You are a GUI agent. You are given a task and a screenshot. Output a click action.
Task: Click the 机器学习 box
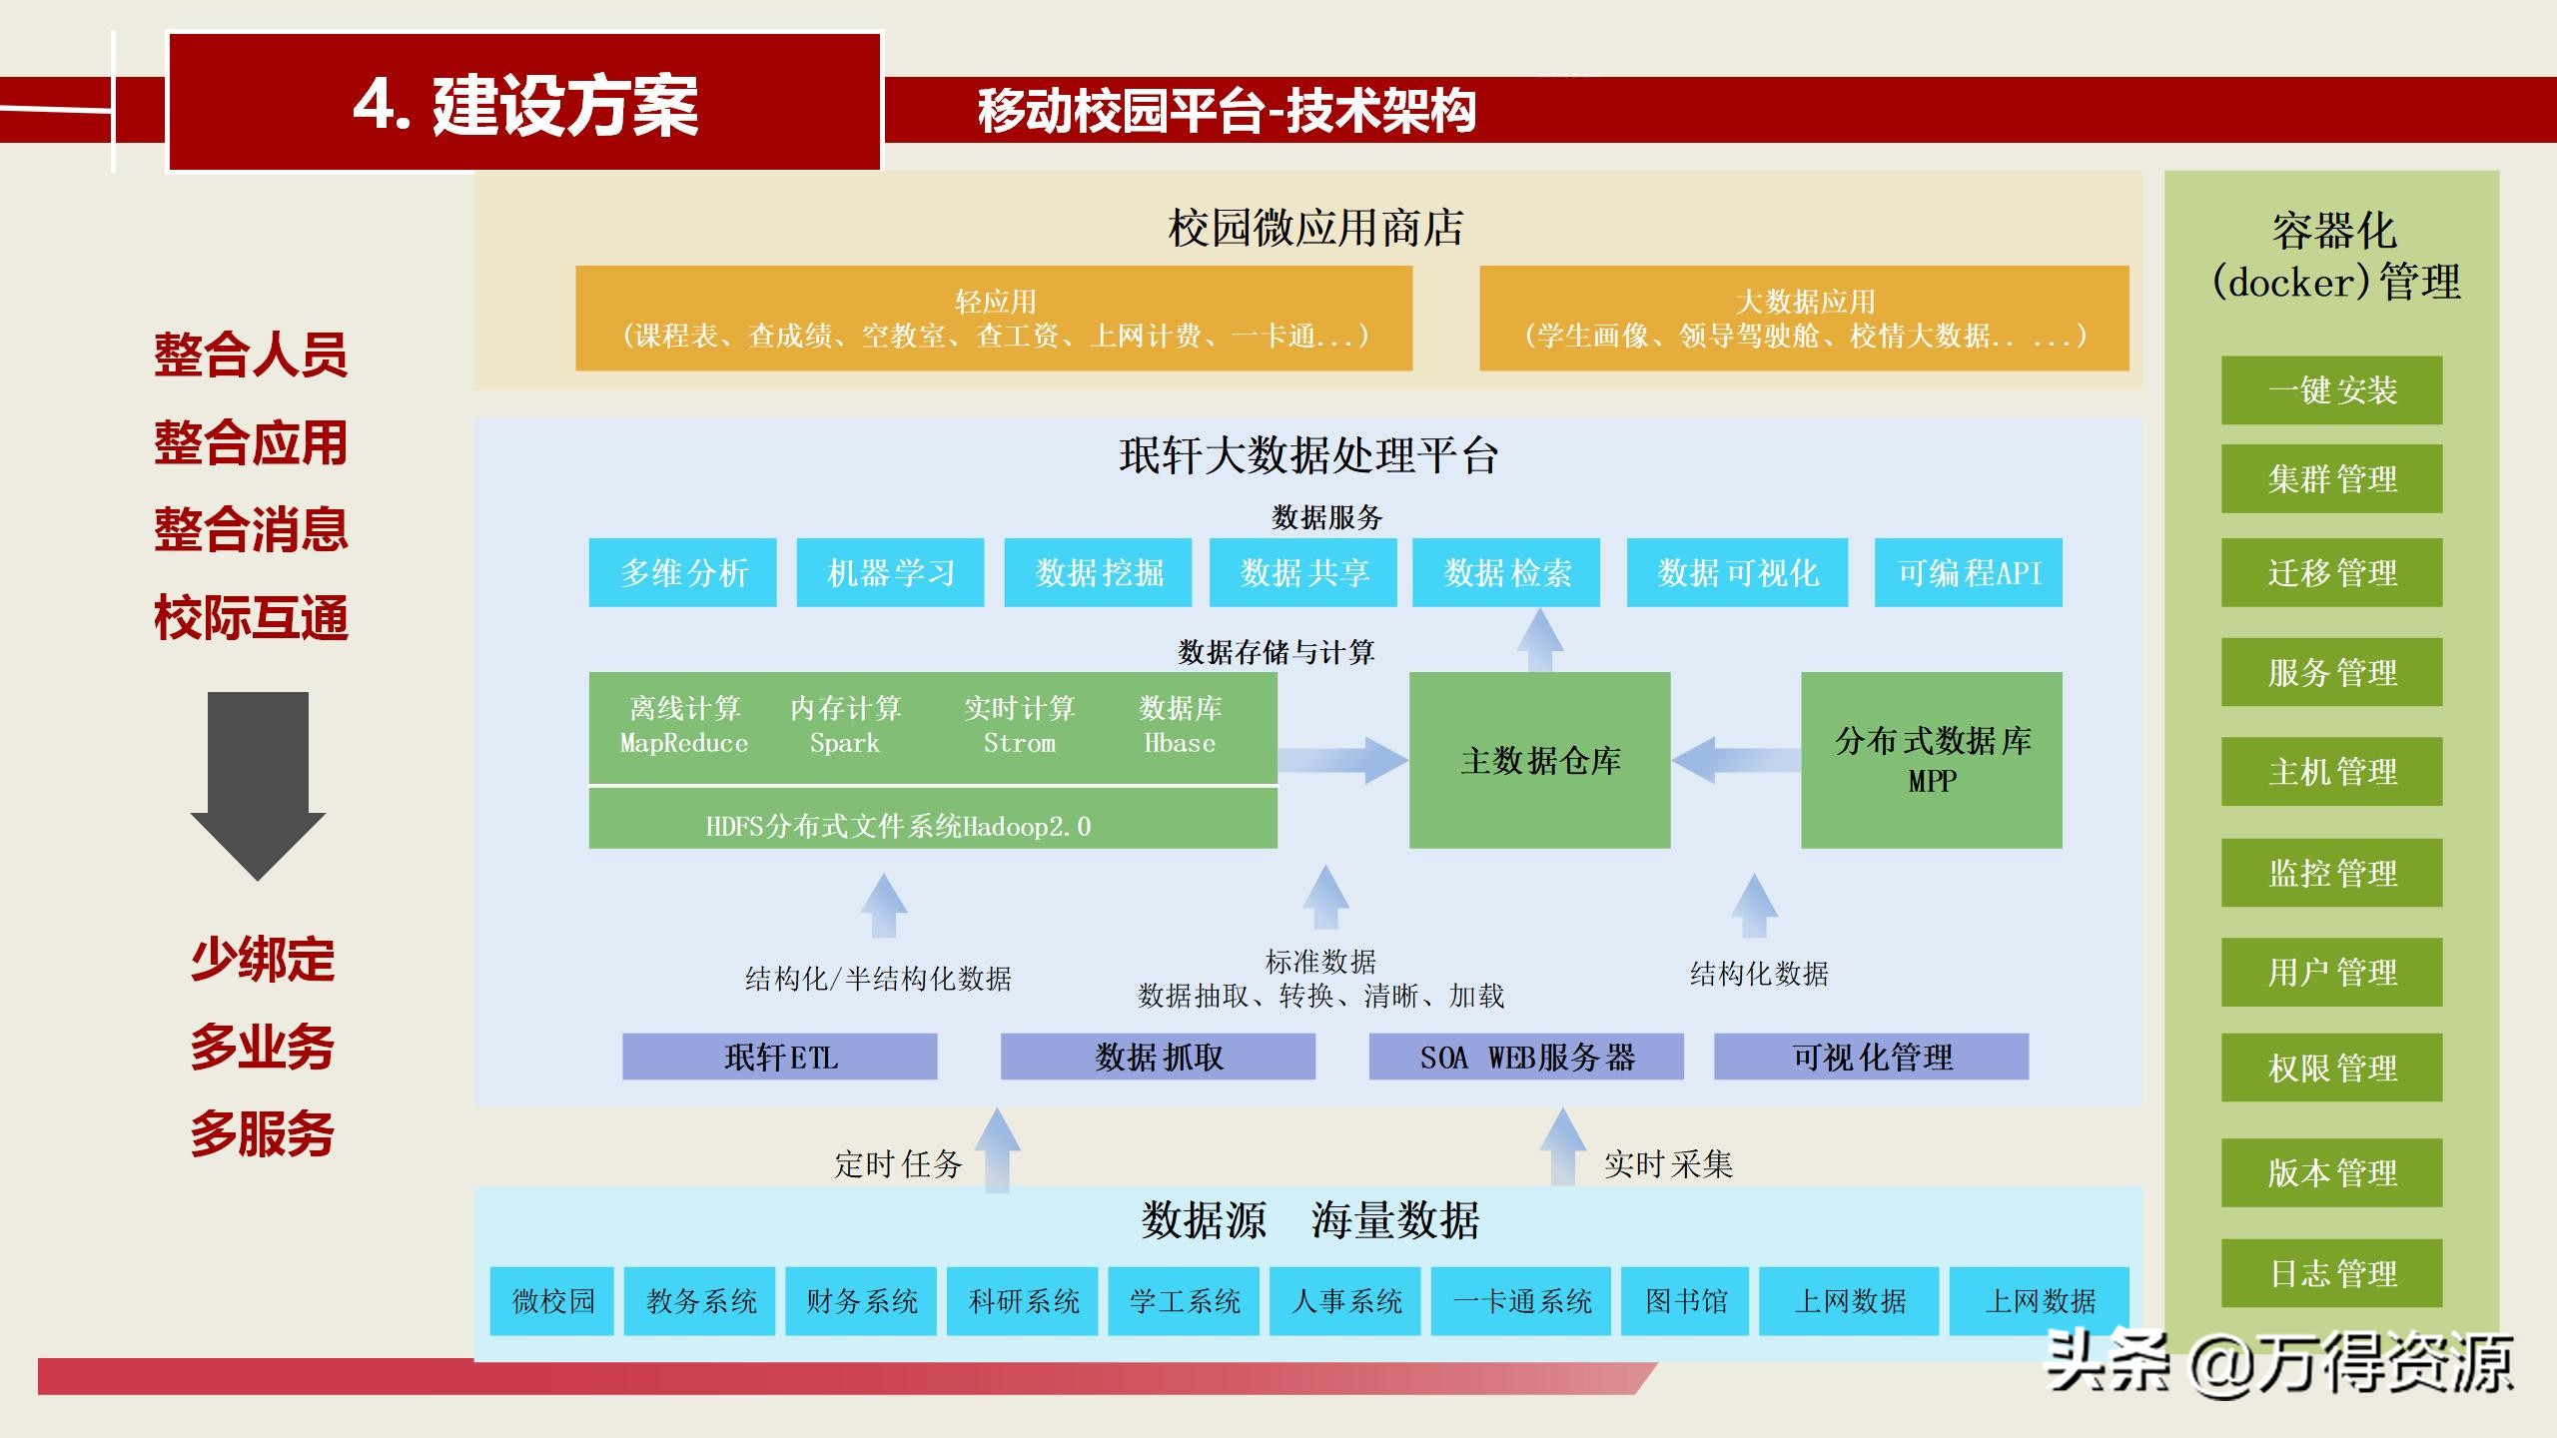(x=890, y=572)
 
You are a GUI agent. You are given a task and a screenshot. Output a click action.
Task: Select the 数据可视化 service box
(x=1737, y=572)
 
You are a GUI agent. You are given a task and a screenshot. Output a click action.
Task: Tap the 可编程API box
(x=1968, y=572)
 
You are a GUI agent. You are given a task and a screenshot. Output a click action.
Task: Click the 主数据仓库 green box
(x=1539, y=760)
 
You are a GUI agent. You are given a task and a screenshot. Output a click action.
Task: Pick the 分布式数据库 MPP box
(x=1931, y=760)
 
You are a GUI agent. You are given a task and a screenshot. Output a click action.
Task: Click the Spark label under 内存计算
(x=845, y=743)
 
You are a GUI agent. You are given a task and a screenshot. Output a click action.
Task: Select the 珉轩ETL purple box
(x=779, y=1057)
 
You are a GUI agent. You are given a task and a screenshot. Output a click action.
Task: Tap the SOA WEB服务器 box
(x=1525, y=1057)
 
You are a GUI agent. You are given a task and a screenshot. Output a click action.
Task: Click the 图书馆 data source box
(x=1685, y=1300)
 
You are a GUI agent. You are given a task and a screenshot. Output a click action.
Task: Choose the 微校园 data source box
(x=551, y=1300)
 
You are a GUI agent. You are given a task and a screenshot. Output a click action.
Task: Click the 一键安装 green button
(x=2331, y=389)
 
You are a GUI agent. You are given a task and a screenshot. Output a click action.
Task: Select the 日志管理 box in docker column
(x=2331, y=1273)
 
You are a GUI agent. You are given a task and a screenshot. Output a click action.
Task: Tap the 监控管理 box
(x=2331, y=873)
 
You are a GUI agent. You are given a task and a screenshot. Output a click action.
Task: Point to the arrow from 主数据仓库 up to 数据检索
(x=1539, y=639)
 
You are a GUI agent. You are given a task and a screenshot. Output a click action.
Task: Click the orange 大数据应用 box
(x=1804, y=318)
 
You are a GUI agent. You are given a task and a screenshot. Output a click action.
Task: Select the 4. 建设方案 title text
(x=525, y=105)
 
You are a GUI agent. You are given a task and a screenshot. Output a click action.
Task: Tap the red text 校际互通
(x=251, y=617)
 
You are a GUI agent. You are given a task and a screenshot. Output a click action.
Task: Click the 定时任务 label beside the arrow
(x=897, y=1163)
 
